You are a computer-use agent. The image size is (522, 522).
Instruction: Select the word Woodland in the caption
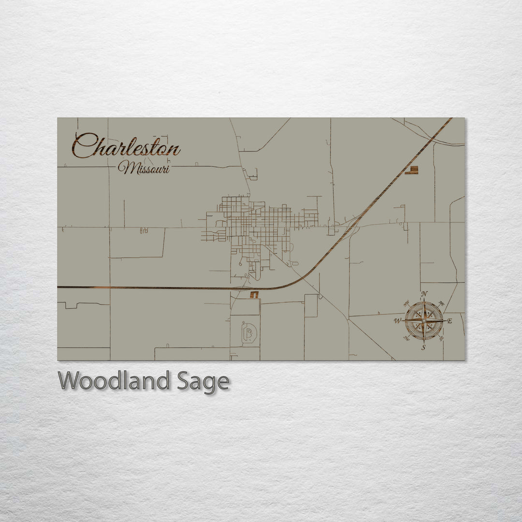point(114,381)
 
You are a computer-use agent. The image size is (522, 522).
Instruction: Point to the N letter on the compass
point(424,294)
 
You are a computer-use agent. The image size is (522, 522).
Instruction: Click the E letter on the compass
point(449,320)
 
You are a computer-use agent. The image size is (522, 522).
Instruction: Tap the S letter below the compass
point(424,347)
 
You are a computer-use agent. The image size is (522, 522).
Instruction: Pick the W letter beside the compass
point(397,320)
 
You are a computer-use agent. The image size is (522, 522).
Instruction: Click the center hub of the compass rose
point(424,320)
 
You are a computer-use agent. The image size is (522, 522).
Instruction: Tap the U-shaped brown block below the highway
point(254,294)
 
